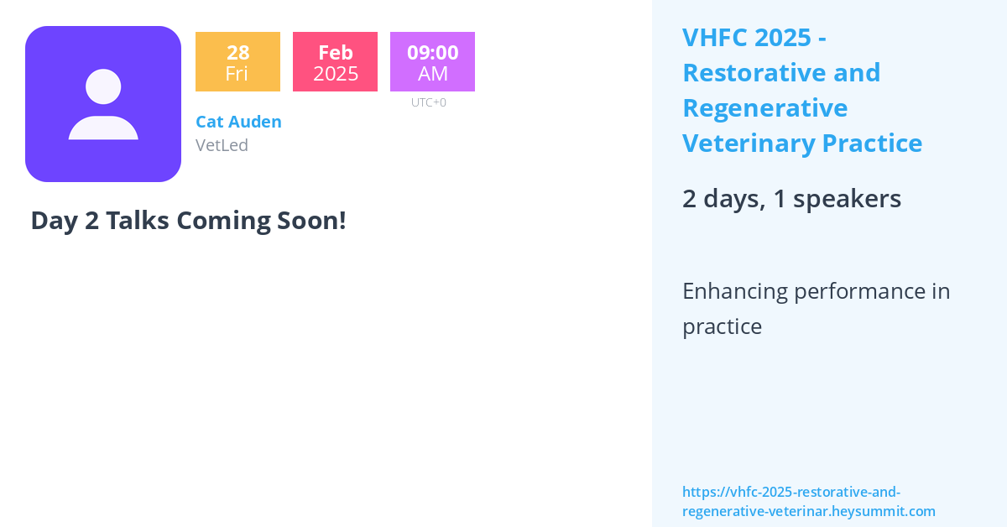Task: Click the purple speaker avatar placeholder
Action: point(103,104)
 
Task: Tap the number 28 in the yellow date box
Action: point(237,52)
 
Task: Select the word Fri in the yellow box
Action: point(237,74)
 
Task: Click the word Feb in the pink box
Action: point(336,52)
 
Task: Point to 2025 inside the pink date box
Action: point(336,74)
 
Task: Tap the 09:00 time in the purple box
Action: point(432,52)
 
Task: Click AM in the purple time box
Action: point(432,74)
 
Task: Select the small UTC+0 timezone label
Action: point(429,102)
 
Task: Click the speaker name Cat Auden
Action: point(238,122)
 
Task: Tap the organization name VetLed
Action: point(222,145)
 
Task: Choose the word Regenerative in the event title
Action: point(764,108)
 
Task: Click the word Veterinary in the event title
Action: point(749,143)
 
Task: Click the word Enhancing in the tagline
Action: point(735,292)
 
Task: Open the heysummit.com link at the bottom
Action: point(808,502)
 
